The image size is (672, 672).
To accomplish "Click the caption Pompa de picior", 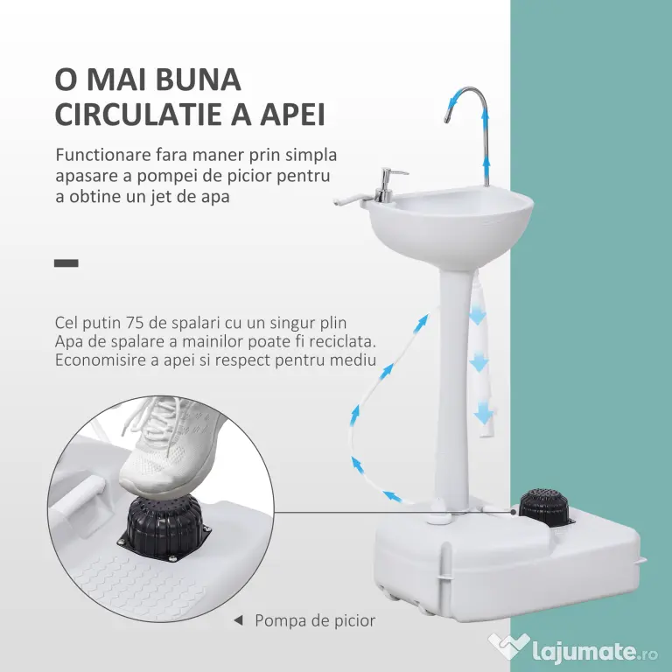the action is click(x=315, y=620).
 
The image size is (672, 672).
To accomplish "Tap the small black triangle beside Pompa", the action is click(x=238, y=620).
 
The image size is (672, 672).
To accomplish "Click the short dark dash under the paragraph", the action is click(x=66, y=263).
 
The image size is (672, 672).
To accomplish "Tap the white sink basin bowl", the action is click(x=450, y=223).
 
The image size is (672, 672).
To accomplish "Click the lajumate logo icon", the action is click(x=508, y=647).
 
